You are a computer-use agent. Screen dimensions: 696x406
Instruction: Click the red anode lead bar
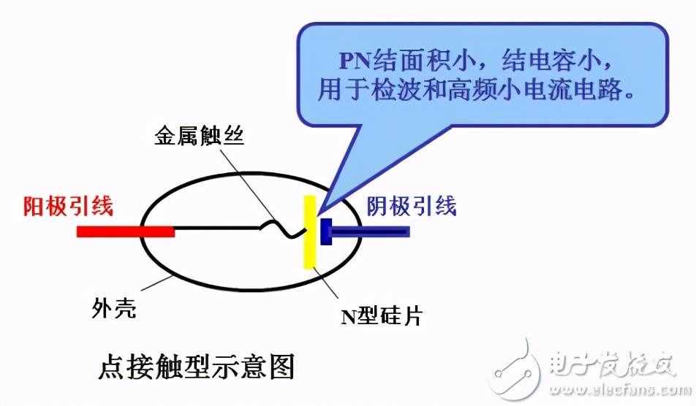(126, 231)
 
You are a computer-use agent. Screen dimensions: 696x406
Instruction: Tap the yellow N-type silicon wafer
(309, 231)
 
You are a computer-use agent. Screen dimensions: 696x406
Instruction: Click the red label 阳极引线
(68, 206)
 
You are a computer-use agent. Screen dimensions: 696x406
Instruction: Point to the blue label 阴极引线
(412, 206)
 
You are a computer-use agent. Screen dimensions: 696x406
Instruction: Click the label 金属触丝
(200, 135)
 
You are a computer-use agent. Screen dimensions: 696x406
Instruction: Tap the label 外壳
(113, 307)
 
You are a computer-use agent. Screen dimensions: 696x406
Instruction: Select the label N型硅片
(382, 315)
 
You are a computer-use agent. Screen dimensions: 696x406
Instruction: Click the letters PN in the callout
(355, 61)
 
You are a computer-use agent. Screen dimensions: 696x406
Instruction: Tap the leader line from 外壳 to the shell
(157, 283)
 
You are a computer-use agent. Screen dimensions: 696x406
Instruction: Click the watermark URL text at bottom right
(620, 391)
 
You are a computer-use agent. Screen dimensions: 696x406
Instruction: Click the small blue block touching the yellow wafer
(326, 231)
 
